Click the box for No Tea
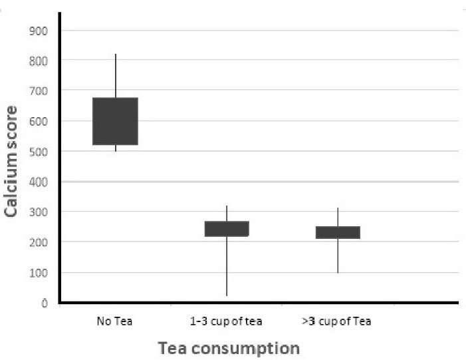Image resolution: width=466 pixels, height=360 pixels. coord(115,121)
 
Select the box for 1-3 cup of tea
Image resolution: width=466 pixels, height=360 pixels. coord(226,228)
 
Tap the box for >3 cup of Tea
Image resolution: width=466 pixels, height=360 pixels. coord(338,232)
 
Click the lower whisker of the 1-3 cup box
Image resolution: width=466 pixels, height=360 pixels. coord(226,266)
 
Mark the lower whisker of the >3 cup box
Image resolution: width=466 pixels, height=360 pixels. coord(338,256)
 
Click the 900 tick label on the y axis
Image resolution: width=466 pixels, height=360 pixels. coord(39,30)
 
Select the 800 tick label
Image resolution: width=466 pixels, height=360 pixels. coord(39,61)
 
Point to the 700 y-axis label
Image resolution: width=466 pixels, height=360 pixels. coord(39,90)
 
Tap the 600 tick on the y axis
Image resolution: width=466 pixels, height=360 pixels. coord(39,121)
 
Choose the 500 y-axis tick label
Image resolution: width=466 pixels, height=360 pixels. coord(39,151)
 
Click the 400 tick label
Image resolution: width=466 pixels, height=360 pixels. coord(39,182)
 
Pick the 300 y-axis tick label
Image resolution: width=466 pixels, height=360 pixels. coord(39,212)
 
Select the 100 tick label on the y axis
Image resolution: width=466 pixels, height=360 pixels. coord(39,273)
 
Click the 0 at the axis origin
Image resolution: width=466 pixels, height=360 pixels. coord(45,303)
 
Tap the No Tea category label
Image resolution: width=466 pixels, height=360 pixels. coord(114,322)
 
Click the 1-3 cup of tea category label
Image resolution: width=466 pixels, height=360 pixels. coord(226,322)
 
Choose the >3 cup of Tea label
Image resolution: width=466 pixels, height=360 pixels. coord(336,322)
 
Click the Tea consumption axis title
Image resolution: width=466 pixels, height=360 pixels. coord(228,347)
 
